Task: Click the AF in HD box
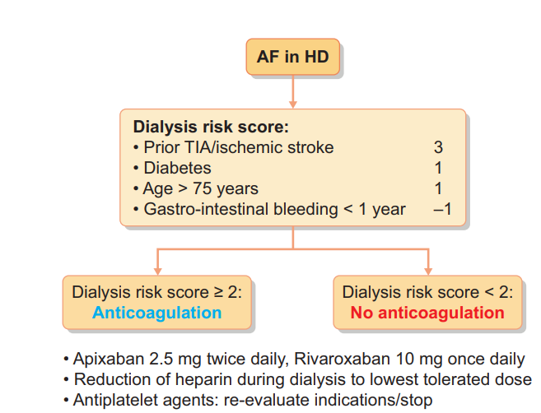coord(293,58)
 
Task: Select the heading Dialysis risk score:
coord(210,128)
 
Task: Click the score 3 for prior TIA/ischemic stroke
coord(438,148)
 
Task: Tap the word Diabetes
coord(178,169)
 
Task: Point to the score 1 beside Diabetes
coord(438,169)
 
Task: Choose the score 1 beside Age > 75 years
coord(438,188)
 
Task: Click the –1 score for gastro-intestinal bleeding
coord(442,209)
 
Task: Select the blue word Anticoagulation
coord(156,313)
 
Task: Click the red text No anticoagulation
coord(427,313)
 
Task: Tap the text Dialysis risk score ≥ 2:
coord(156,292)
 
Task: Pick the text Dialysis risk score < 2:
coord(427,292)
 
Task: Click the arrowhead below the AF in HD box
coord(293,104)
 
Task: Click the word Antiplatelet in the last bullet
coord(114,400)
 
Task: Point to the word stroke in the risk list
coord(313,148)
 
